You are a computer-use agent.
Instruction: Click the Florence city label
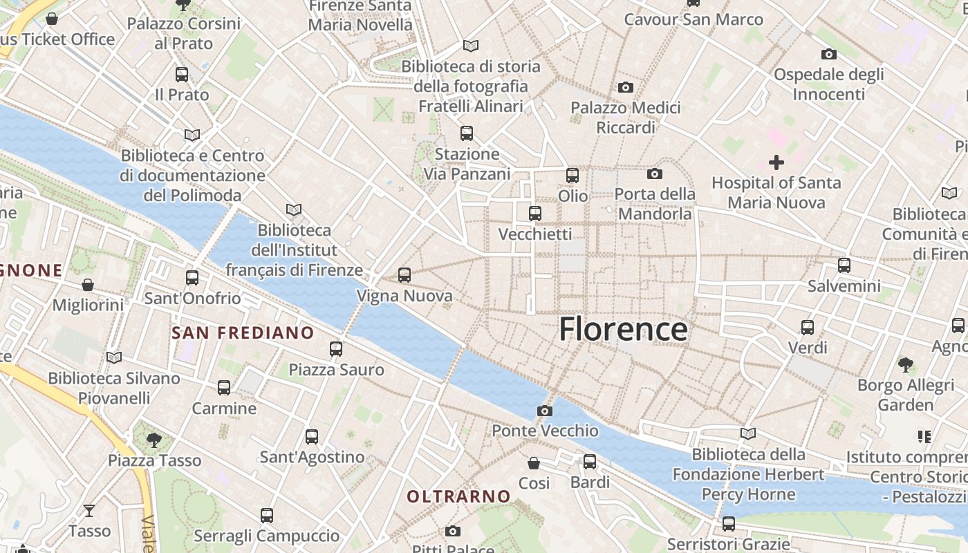623,329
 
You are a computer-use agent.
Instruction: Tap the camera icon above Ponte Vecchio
544,411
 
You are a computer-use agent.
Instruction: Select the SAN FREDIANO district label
243,333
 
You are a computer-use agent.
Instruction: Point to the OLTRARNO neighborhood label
458,496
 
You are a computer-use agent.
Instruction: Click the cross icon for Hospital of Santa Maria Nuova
776,163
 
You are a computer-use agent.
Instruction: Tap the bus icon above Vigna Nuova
404,275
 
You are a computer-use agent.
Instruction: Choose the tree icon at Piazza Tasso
154,439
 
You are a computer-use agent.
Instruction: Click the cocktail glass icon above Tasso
89,511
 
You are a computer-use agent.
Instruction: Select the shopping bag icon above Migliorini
88,285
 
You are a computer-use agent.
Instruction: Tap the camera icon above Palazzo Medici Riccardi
626,87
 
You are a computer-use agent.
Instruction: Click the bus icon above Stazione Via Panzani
467,133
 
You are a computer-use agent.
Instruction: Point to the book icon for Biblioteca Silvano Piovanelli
114,357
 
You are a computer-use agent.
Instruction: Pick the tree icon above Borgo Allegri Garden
905,364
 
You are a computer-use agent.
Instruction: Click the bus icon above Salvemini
844,265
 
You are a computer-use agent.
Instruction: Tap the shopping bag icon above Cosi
534,462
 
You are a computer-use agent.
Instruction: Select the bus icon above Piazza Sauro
336,349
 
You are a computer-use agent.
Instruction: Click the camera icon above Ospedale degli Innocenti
828,54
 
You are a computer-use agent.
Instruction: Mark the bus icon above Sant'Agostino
312,436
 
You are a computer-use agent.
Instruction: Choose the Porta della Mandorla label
654,204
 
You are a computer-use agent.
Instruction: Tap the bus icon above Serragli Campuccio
267,515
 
